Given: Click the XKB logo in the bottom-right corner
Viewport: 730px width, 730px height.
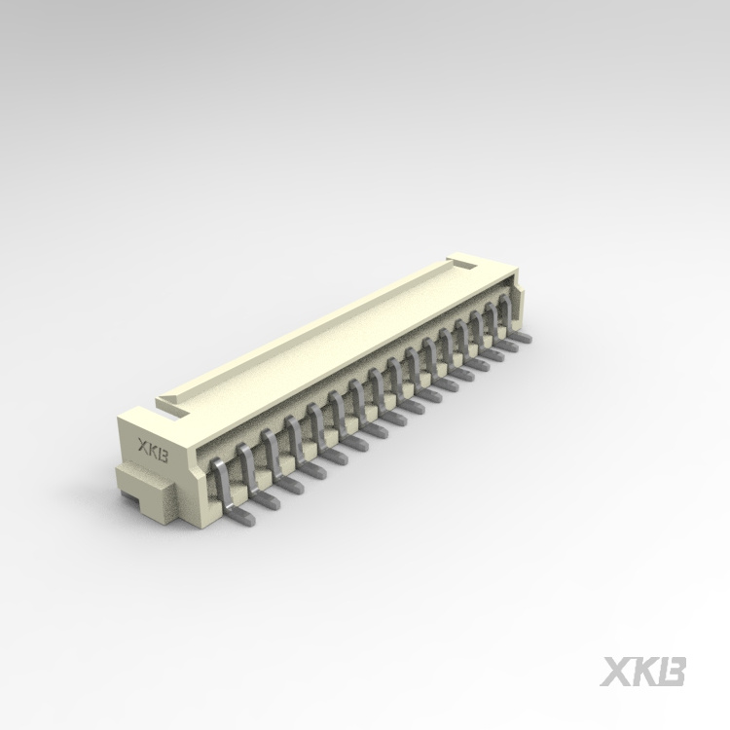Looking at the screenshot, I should pos(644,672).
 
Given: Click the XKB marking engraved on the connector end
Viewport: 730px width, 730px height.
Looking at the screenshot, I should pos(154,452).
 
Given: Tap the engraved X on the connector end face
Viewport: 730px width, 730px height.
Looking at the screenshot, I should pos(143,449).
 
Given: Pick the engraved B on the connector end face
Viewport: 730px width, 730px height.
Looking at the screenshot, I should pos(164,455).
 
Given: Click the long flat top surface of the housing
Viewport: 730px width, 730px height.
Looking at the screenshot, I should pos(321,331).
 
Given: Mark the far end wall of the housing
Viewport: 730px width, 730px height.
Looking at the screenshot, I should pos(516,292).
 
